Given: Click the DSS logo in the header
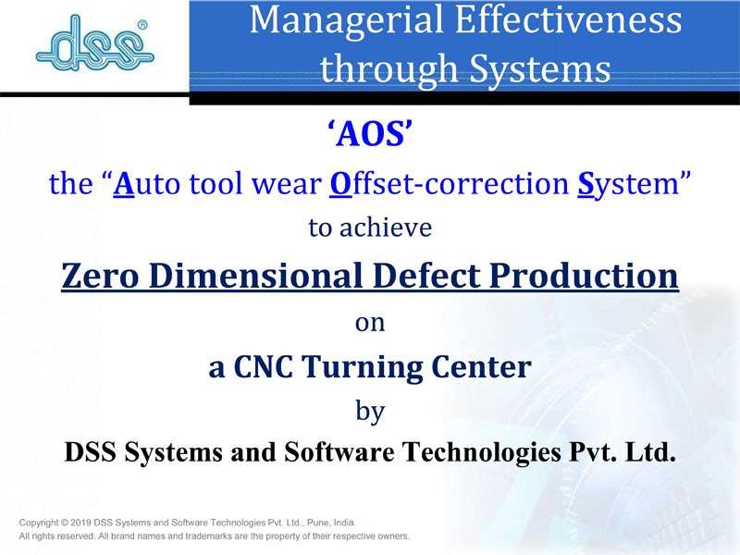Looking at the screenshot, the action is click(95, 43).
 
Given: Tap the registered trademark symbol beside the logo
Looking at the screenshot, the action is click(142, 25).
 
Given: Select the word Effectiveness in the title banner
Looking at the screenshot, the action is click(568, 19).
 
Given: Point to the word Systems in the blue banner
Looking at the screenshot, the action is click(540, 68).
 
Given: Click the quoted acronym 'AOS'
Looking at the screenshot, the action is click(370, 133).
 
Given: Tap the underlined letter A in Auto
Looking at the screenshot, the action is click(124, 183).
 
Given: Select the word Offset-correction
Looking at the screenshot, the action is click(450, 183).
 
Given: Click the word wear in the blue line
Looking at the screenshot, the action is click(287, 184).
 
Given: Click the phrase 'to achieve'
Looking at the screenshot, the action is click(370, 228).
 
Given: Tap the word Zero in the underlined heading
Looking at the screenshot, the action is click(100, 276).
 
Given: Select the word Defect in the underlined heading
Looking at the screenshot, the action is click(426, 275).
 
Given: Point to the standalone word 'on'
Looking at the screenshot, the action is click(370, 324).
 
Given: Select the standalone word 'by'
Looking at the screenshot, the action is click(370, 412).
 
